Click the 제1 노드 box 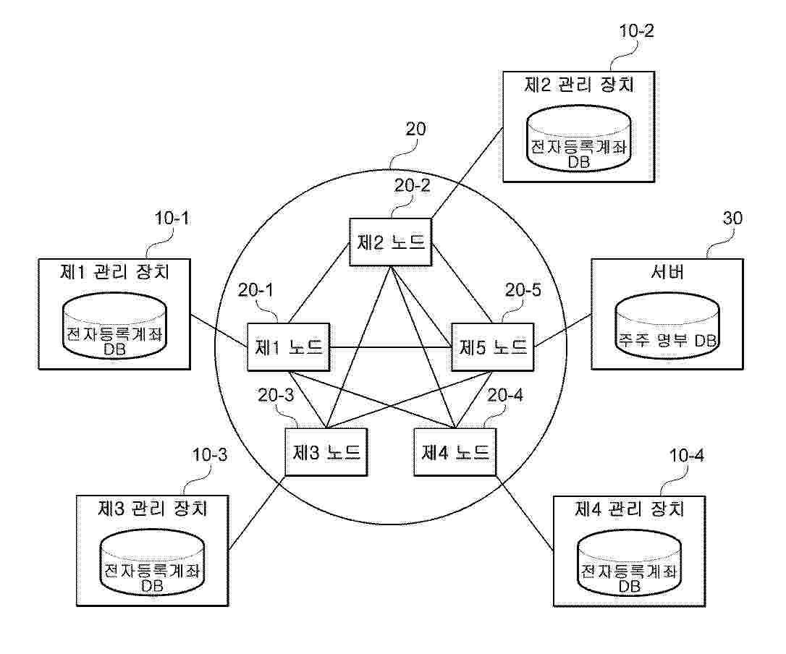pos(289,347)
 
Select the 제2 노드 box pos(391,242)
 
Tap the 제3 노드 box pos(326,452)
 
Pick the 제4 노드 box pos(455,452)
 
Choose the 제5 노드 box pos(493,347)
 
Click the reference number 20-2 pos(412,186)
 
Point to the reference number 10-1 pos(172,218)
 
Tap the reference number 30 pos(732,218)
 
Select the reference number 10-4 pos(687,456)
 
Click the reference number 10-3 pos(210,455)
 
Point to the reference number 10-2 pos(637,31)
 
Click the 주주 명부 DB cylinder pos(667,326)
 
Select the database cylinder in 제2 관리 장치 pos(578,138)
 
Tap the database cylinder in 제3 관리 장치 pos(153,563)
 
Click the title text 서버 pos(668,272)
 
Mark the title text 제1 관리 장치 pos(115,272)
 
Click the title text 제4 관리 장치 pos(630,509)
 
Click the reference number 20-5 pos(523,290)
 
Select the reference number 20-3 pos(276,396)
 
